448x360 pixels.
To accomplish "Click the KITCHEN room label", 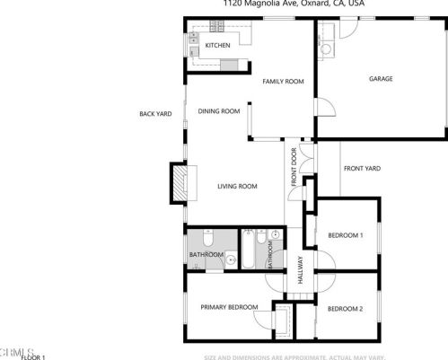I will (217, 45).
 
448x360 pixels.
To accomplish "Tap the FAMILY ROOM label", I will (283, 82).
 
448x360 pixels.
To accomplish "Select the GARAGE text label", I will (381, 79).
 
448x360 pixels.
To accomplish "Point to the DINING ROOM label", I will (219, 111).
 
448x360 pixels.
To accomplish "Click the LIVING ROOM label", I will (237, 186).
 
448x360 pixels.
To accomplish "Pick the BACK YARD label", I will (155, 114).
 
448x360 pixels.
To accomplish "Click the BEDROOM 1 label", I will (345, 235).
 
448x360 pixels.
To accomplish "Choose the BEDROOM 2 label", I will (345, 309).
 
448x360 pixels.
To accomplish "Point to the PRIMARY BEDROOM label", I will (229, 308).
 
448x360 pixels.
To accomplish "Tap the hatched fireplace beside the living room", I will (182, 184).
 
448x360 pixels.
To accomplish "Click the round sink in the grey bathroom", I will (231, 260).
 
